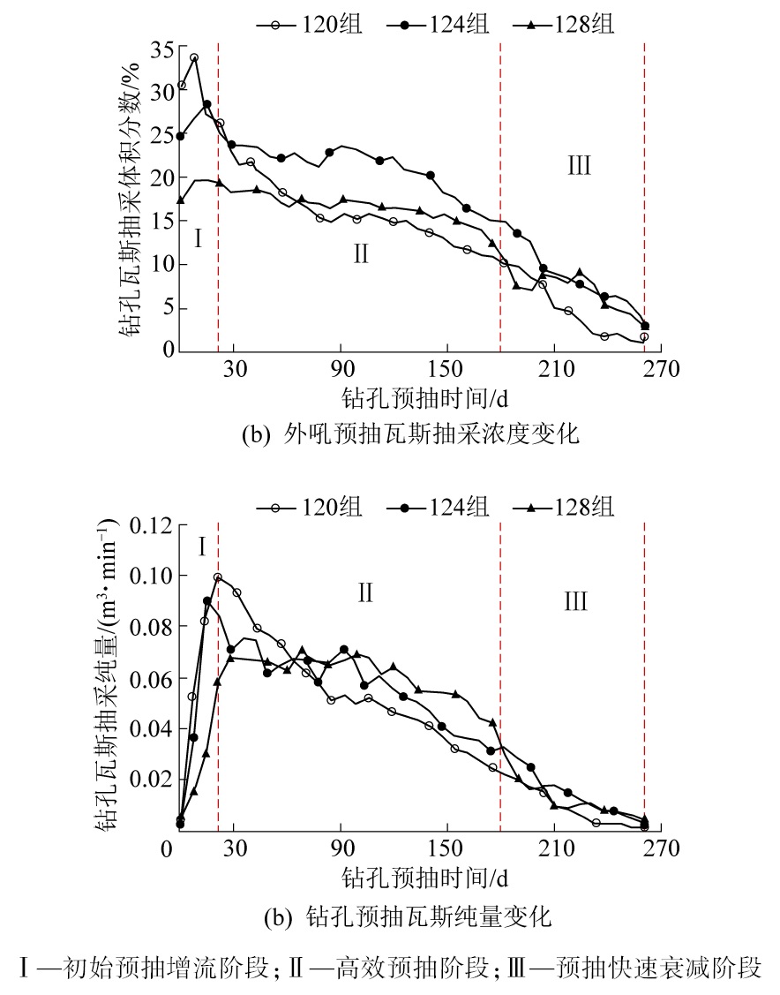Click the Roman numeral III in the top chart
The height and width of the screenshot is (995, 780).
click(579, 165)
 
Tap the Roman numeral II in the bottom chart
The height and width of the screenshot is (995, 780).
click(365, 592)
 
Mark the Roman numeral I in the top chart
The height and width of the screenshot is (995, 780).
click(199, 239)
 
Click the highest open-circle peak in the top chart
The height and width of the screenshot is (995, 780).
click(194, 58)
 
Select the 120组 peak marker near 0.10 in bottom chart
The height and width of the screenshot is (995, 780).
click(217, 577)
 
